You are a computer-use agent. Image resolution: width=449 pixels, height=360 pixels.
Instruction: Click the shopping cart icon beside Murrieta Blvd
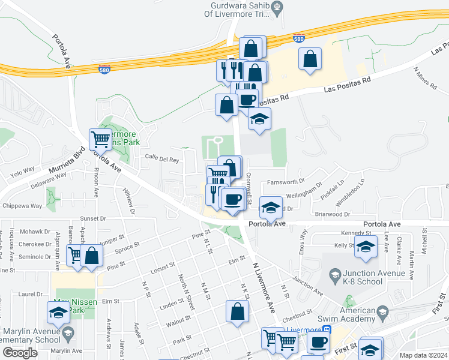(x=100, y=139)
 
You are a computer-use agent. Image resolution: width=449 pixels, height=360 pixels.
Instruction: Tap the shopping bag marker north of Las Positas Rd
(x=310, y=59)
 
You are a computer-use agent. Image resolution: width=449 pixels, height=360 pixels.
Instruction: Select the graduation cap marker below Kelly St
(x=366, y=247)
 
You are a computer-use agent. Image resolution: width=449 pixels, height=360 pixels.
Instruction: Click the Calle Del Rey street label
(x=162, y=160)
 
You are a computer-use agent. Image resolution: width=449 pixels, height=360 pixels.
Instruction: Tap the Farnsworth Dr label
(x=287, y=181)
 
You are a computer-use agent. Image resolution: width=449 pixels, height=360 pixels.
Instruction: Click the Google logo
(x=20, y=353)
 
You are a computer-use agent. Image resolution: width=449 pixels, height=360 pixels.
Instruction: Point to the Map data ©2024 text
(x=423, y=355)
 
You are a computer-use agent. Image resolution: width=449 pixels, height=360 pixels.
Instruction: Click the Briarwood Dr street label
(x=332, y=214)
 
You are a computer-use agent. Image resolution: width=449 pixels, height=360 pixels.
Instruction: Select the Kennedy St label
(x=352, y=233)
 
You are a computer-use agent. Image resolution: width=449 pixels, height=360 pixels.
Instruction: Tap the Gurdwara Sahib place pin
(x=277, y=8)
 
